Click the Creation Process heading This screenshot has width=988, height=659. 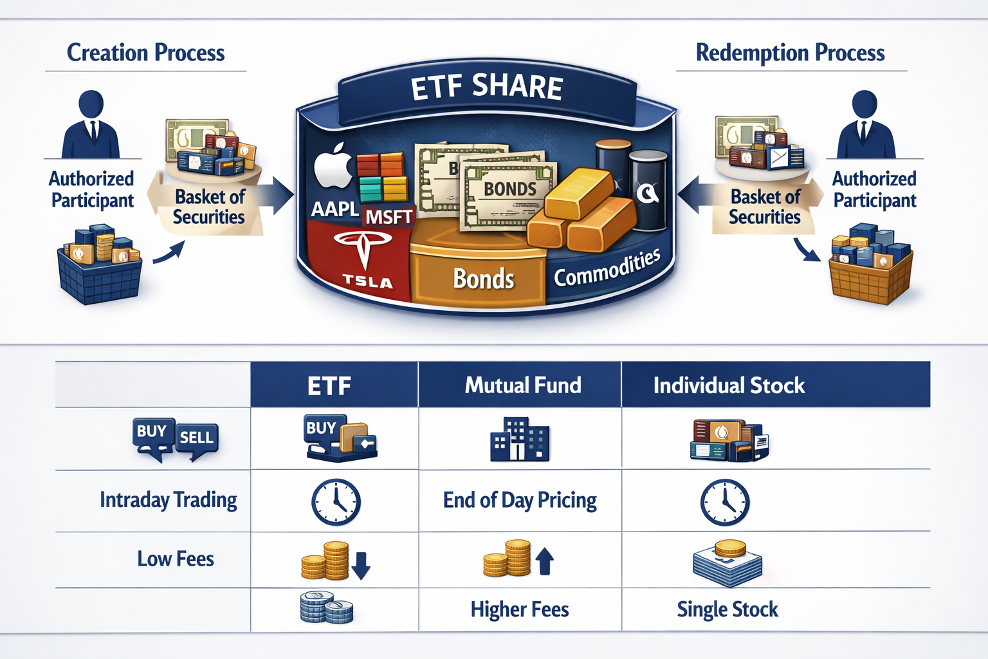pyautogui.click(x=146, y=53)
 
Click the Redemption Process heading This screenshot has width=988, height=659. pyautogui.click(x=790, y=53)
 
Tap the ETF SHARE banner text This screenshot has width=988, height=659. pyautogui.click(x=487, y=88)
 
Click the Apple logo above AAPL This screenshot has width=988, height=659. pyautogui.click(x=333, y=167)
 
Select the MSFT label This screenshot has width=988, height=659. pyautogui.click(x=389, y=217)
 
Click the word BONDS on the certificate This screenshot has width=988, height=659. pyautogui.click(x=510, y=189)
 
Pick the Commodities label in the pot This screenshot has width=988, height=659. pyautogui.click(x=607, y=268)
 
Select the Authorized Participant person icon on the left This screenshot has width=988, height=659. pyautogui.click(x=91, y=125)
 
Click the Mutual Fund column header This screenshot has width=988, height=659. pyautogui.click(x=523, y=385)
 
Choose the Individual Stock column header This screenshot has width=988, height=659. pyautogui.click(x=729, y=385)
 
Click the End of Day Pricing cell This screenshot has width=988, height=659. pyautogui.click(x=520, y=500)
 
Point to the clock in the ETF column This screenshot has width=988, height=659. pyautogui.click(x=336, y=502)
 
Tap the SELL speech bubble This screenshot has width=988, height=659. pyautogui.click(x=196, y=439)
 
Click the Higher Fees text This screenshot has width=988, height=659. pyautogui.click(x=520, y=609)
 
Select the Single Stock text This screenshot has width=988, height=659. pyautogui.click(x=727, y=609)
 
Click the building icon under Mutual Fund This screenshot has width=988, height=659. pyautogui.click(x=520, y=440)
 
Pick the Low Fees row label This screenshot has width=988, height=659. pyautogui.click(x=176, y=559)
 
